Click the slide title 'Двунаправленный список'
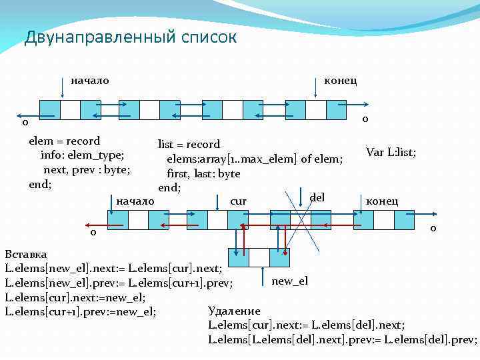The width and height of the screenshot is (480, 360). pos(131,37)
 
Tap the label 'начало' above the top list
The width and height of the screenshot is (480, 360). pos(90,81)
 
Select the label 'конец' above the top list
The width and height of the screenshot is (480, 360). pos(340,81)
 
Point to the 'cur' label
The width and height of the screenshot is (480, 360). pos(238,201)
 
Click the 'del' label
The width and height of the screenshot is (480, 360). pos(317,197)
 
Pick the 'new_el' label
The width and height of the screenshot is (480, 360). pos(290,281)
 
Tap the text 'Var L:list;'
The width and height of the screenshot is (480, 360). pos(391,152)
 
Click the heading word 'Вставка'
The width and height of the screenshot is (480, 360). pos(26,255)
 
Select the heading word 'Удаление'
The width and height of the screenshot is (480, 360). pos(234,310)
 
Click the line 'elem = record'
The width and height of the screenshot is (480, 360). pos(64,141)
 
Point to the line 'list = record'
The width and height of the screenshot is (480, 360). pos(189,144)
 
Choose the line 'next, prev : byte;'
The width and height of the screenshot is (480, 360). pos(87,170)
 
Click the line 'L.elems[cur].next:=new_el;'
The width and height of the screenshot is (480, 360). pos(75,297)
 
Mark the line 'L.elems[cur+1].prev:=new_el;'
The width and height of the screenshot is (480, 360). pos(81,311)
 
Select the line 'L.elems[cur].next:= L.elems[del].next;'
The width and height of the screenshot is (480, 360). pos(307,325)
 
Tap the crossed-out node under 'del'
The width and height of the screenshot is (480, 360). pos(290,220)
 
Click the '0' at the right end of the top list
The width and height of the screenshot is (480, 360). pos(365,120)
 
